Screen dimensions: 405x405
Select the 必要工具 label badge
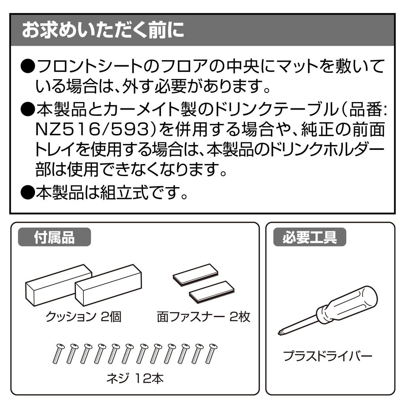pyautogui.click(x=310, y=238)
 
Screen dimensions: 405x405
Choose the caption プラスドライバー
pyautogui.click(x=327, y=357)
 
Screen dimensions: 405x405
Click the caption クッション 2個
pyautogui.click(x=83, y=317)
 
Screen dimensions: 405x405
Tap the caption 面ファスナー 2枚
pyautogui.click(x=203, y=317)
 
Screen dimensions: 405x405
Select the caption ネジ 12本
pyautogui.click(x=135, y=379)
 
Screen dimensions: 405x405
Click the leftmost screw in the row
pyautogui.click(x=57, y=353)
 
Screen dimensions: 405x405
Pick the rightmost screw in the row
pyautogui.click(x=211, y=353)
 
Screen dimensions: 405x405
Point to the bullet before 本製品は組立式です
pyautogui.click(x=28, y=193)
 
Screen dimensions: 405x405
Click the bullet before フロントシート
pyautogui.click(x=28, y=66)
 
